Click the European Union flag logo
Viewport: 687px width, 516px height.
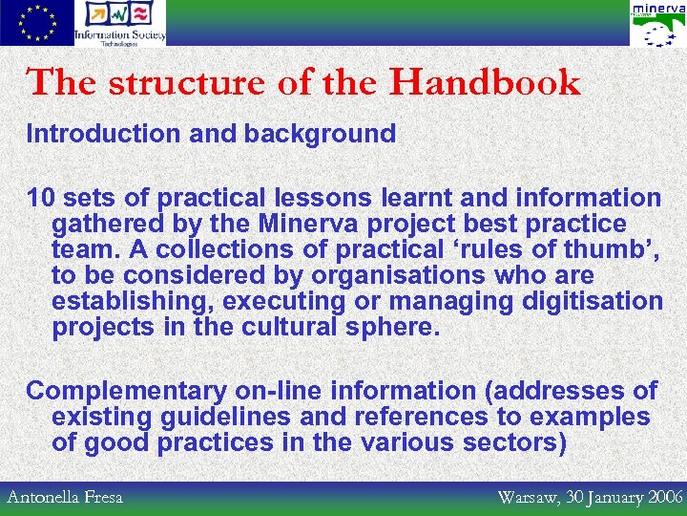click(36, 23)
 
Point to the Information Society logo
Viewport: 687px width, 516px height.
click(120, 23)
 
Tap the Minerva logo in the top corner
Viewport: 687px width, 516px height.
click(656, 23)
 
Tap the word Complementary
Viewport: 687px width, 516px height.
click(127, 391)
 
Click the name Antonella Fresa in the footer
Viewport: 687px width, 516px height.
click(65, 498)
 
